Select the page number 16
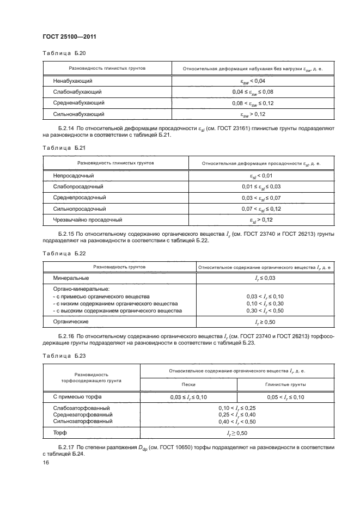pyautogui.click(x=45, y=462)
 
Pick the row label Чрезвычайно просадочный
pyautogui.click(x=87, y=220)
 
